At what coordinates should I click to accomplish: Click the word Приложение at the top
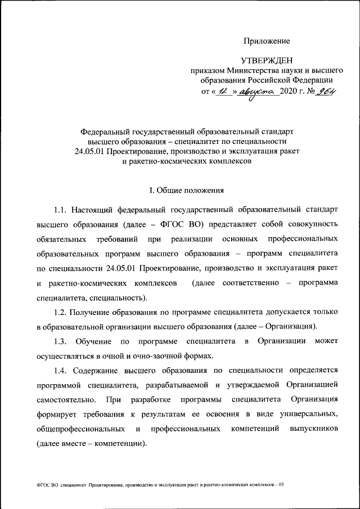[x=267, y=41]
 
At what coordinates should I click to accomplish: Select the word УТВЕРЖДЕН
[x=267, y=60]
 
